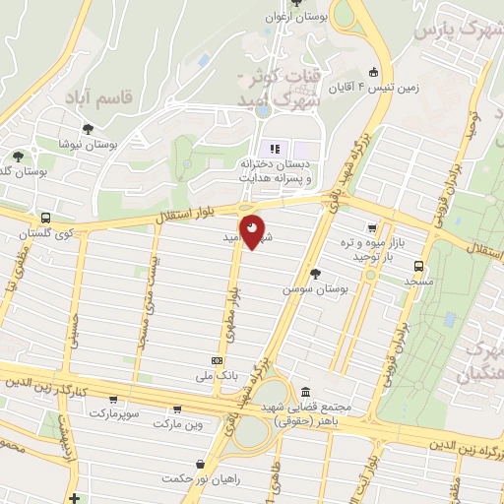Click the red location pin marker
point(253,231)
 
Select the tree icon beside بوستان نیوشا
point(89,129)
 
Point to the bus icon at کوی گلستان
point(45,218)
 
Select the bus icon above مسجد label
point(420,266)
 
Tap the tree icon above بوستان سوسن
point(315,274)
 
